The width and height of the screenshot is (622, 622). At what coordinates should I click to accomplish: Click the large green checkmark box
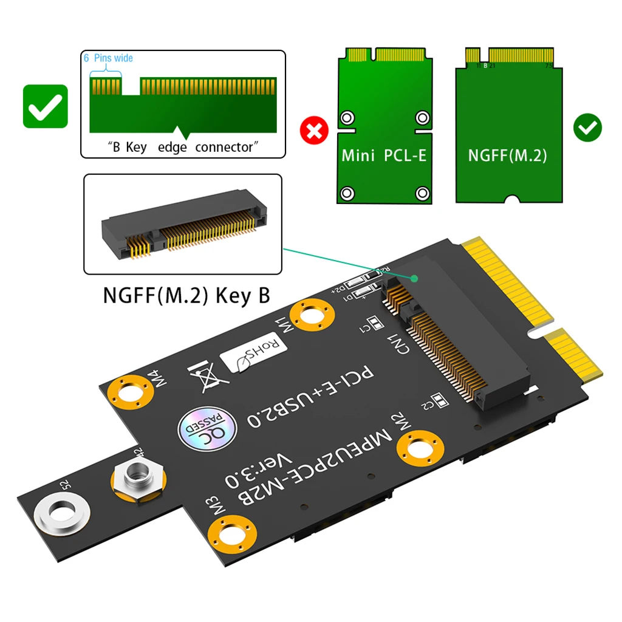46,106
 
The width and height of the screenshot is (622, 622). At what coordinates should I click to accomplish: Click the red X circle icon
315,130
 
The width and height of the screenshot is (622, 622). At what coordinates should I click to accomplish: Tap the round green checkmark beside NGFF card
587,128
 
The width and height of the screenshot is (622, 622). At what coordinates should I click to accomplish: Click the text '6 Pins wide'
108,58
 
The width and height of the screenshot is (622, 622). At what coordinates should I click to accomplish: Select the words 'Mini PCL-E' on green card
384,155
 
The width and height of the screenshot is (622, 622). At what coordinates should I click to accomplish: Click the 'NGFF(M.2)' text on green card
507,155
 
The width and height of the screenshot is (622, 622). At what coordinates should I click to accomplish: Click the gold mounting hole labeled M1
312,316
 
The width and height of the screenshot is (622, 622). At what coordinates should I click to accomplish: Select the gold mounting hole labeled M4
129,395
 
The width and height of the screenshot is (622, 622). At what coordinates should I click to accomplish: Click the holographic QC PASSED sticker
203,428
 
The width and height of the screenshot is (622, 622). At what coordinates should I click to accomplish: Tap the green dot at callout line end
414,279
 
